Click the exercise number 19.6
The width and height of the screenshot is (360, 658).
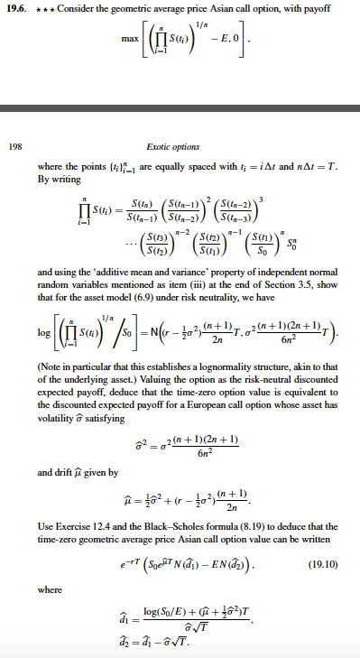(20, 8)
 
